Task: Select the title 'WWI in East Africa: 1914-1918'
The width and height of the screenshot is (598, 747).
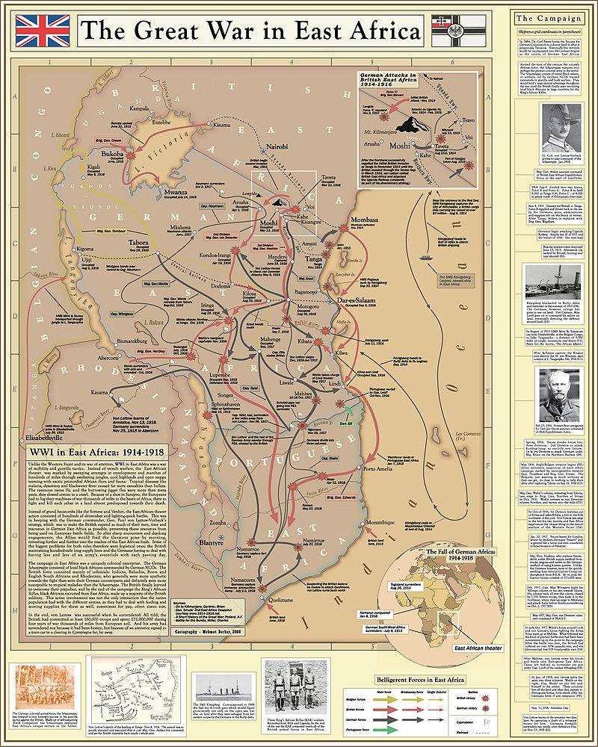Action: [92, 452]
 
